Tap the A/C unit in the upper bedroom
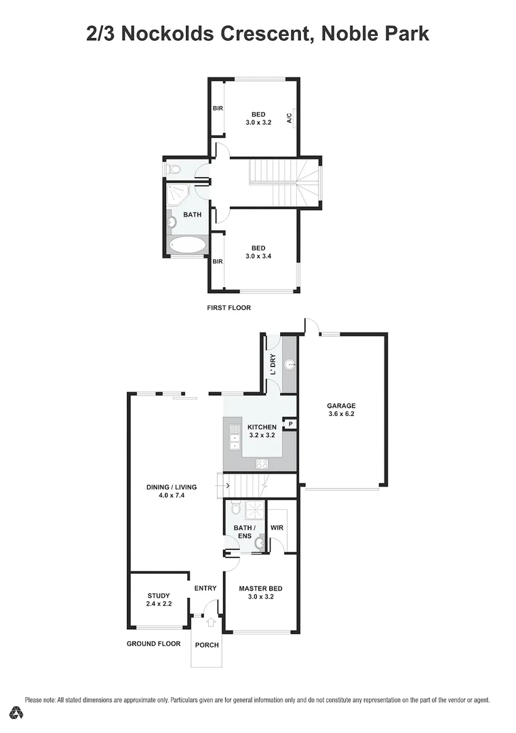pos(289,118)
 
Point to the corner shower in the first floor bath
pos(178,195)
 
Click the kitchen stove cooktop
pos(261,464)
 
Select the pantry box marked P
pos(290,424)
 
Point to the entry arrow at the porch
pos(210,621)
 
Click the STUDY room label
pos(157,595)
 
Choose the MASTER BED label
pos(260,588)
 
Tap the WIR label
pos(277,527)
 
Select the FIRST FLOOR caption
pos(229,307)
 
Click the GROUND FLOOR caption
pos(153,643)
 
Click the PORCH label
pos(207,645)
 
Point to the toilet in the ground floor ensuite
pos(235,508)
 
